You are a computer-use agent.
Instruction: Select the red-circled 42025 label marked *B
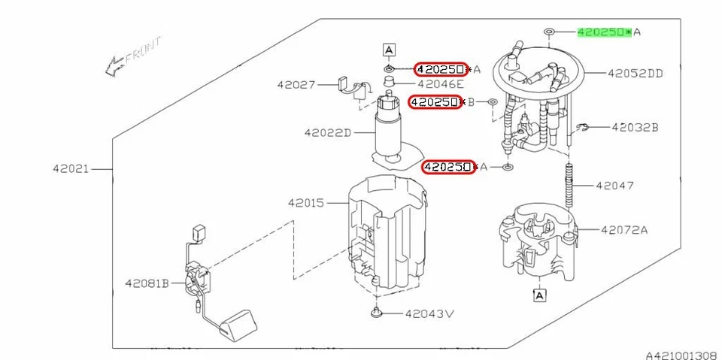coord(434,101)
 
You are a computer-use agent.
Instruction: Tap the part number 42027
coord(295,86)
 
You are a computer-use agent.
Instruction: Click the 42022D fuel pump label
coord(328,133)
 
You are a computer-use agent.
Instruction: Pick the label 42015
coord(305,203)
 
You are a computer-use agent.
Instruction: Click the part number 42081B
coord(147,283)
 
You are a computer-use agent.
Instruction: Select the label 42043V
coord(431,313)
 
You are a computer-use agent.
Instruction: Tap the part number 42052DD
coord(636,74)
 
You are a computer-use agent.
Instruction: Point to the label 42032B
coord(634,128)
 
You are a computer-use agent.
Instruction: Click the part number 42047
coord(614,184)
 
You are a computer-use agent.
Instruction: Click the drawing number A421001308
coord(680,352)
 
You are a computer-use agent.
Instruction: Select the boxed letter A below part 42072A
coord(539,296)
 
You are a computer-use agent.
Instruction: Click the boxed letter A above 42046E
coord(389,50)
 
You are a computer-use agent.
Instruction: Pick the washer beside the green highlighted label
coord(549,32)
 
